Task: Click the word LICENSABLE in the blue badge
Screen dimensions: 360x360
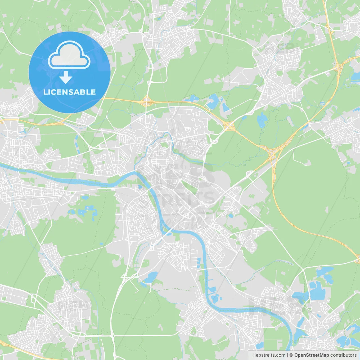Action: click(x=69, y=92)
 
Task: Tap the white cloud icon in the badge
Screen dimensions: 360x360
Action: click(x=69, y=55)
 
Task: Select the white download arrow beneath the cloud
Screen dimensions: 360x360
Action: click(x=66, y=77)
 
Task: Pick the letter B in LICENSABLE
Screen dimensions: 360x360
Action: click(x=82, y=92)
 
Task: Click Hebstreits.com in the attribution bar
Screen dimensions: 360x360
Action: click(x=269, y=355)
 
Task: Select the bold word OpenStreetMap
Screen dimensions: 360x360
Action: click(x=312, y=355)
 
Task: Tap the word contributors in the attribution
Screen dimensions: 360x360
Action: click(x=343, y=355)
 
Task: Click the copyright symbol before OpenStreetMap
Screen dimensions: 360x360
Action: click(x=291, y=355)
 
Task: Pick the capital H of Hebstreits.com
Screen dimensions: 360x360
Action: click(x=254, y=355)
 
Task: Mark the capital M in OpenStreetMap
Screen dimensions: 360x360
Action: click(x=325, y=355)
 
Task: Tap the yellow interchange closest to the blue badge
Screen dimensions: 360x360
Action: click(x=146, y=100)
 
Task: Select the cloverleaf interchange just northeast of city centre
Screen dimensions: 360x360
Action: click(x=229, y=126)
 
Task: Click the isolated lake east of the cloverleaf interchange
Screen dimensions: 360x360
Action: click(x=262, y=120)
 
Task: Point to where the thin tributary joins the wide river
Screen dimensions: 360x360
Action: click(x=137, y=172)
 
